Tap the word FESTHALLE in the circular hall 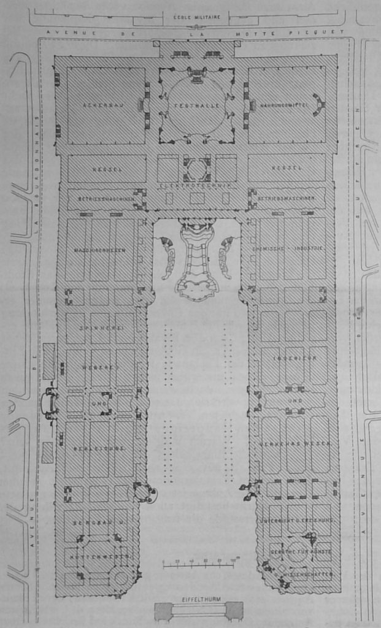tap(196, 105)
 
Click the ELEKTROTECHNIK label tap(196, 184)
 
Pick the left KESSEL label tap(106, 167)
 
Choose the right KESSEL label tap(287, 167)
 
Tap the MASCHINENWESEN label tap(100, 250)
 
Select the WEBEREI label tap(100, 367)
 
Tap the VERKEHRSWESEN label tap(295, 443)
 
